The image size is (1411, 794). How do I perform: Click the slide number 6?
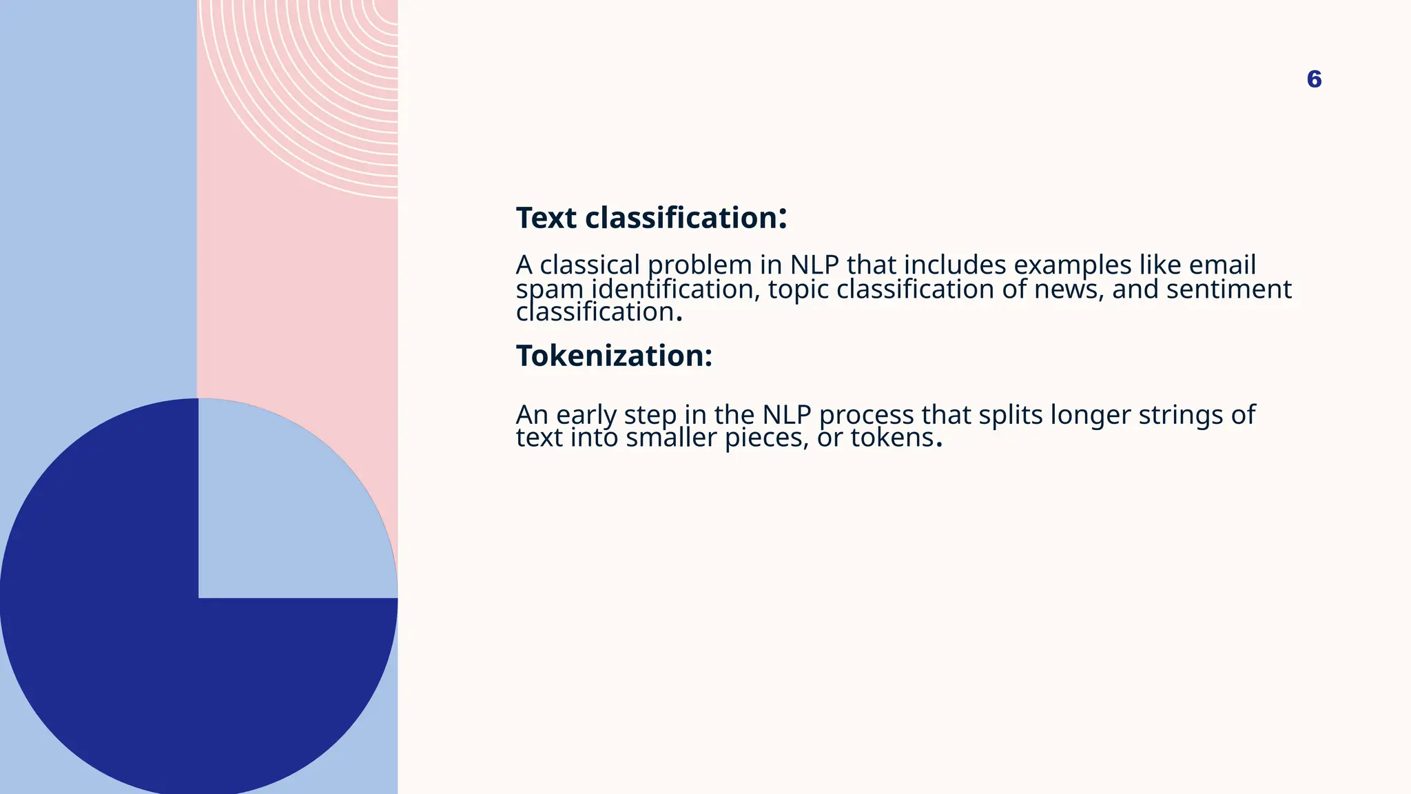click(1314, 79)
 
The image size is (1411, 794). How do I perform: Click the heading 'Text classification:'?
click(651, 218)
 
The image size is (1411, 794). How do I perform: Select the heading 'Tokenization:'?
click(614, 356)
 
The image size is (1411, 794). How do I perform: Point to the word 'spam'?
click(549, 289)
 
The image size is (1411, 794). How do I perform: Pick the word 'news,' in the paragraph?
click(1069, 289)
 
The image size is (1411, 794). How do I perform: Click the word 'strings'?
click(1180, 415)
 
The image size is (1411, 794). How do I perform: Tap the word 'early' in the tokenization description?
click(586, 415)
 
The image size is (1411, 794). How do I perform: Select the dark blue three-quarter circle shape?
click(138, 655)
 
